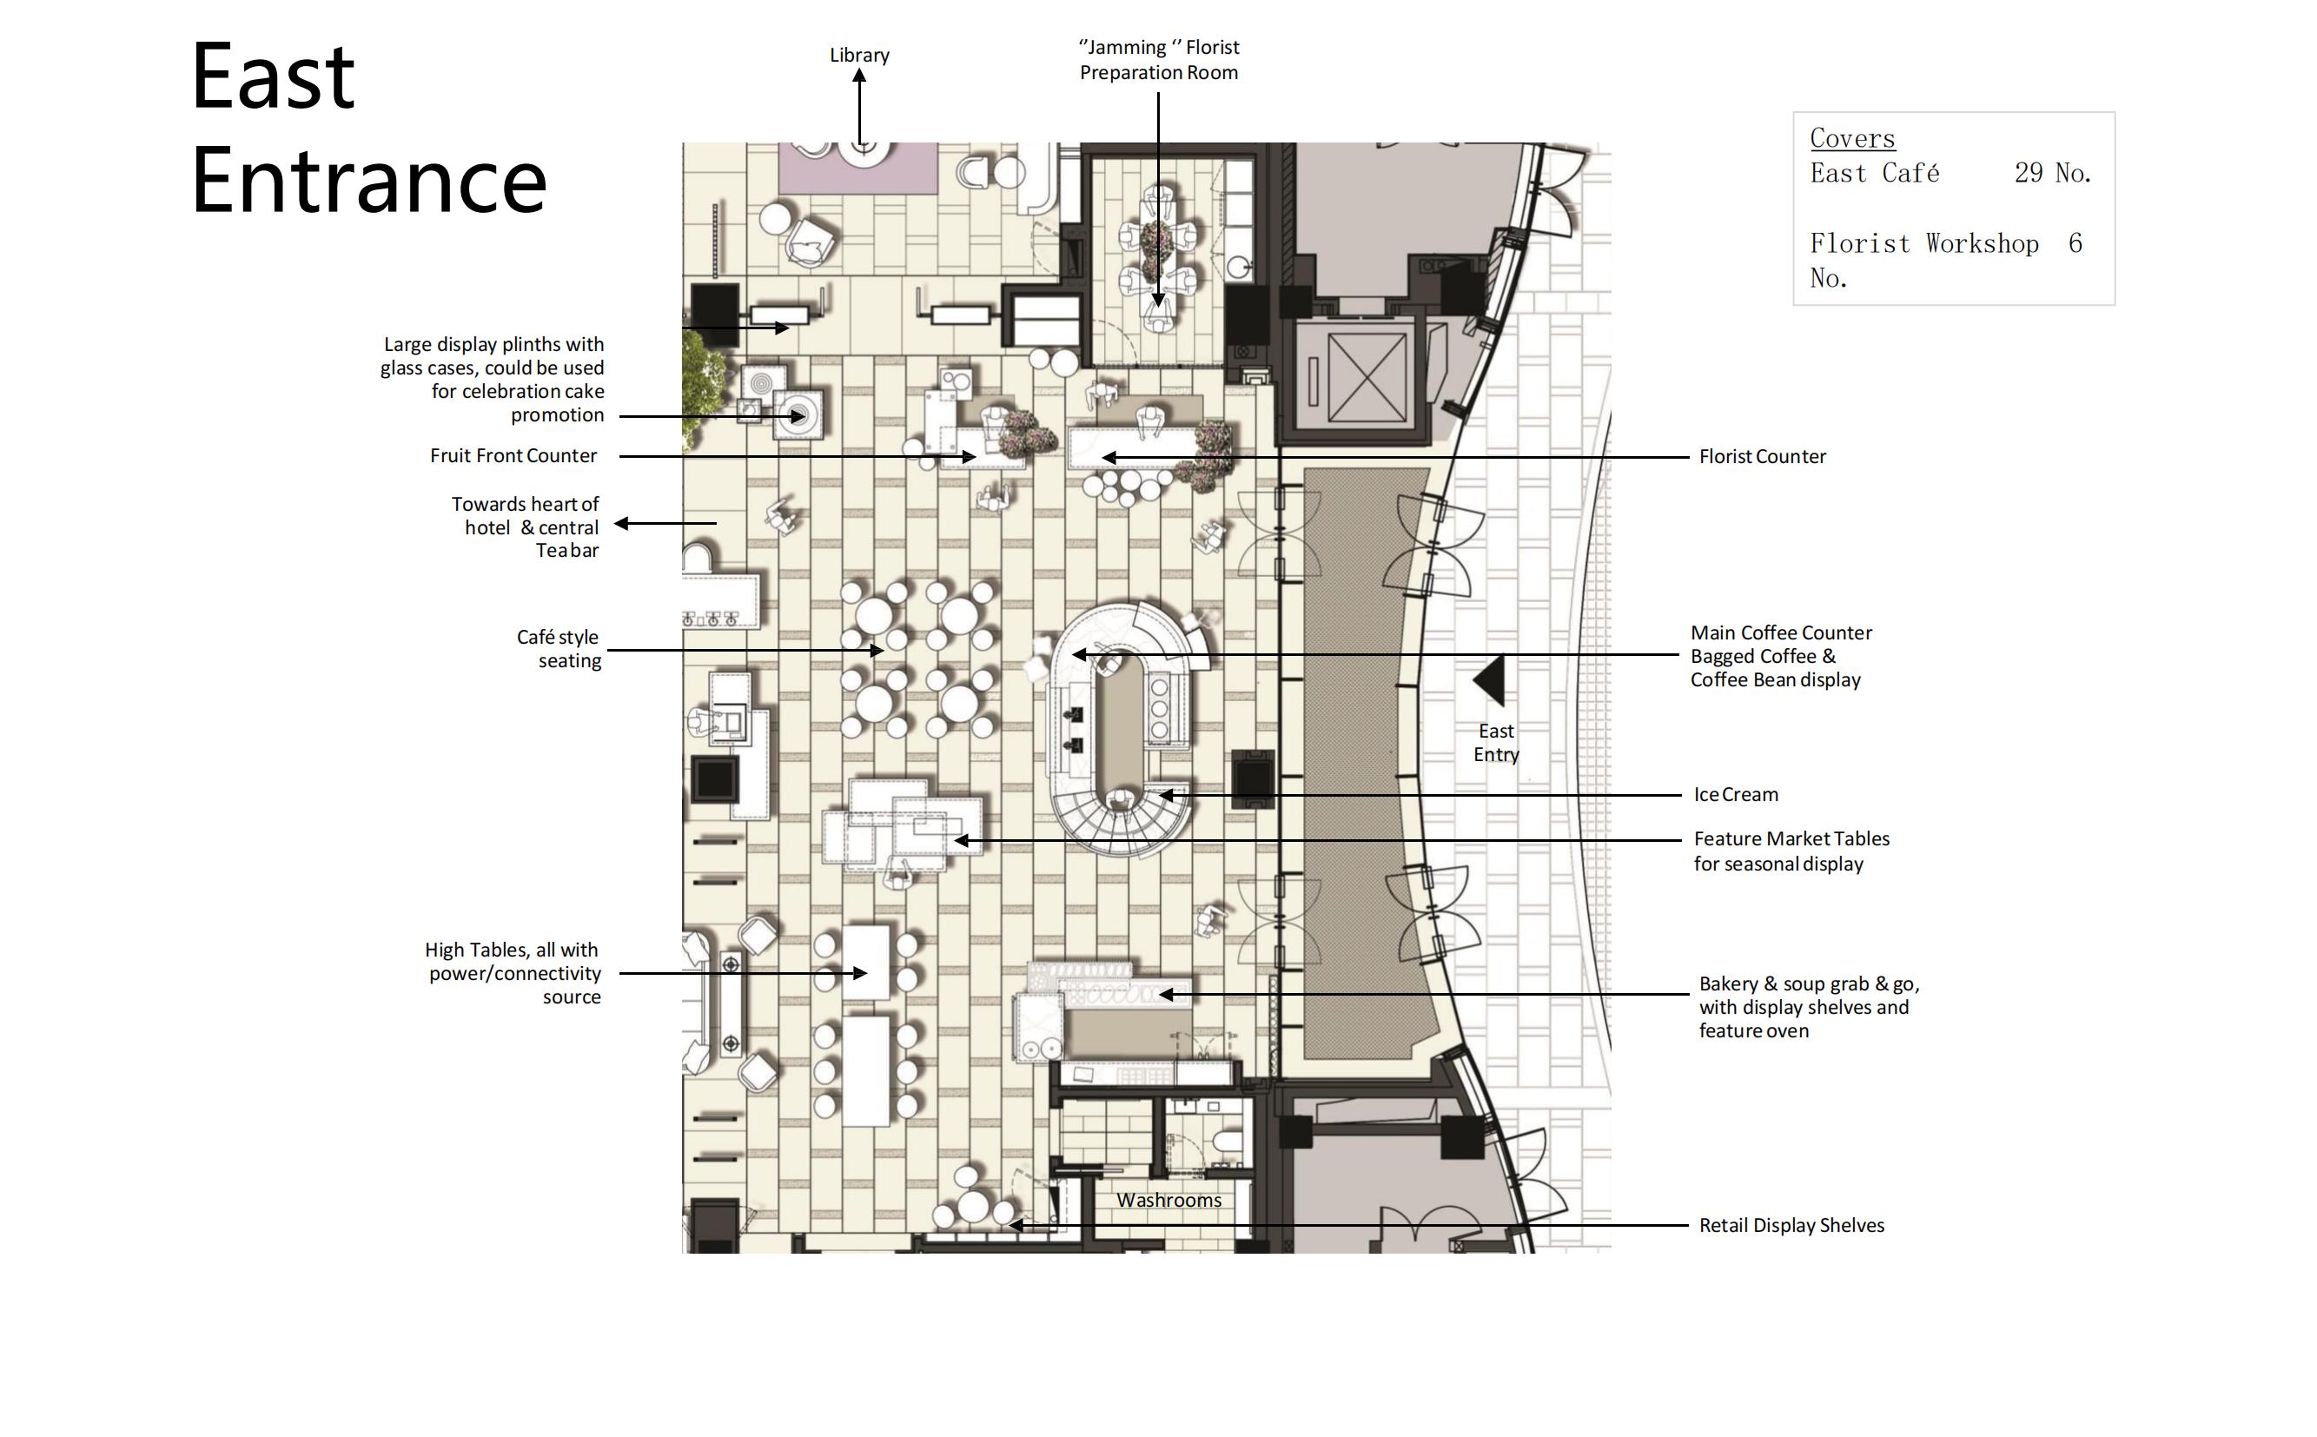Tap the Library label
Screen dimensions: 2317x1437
click(859, 55)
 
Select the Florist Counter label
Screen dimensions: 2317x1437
click(1762, 456)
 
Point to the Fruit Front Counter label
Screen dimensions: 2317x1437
click(513, 455)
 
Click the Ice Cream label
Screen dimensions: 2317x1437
click(1736, 795)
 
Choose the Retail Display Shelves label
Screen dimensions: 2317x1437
click(1791, 1225)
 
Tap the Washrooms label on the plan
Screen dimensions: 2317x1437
click(1169, 1201)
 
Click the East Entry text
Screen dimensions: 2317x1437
click(1496, 742)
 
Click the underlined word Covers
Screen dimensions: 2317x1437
click(1852, 138)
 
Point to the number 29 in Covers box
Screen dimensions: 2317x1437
click(2028, 173)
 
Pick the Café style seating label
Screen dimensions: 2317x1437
click(559, 648)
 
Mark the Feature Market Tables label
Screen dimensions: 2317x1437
click(1791, 851)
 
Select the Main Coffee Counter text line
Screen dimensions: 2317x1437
click(1780, 633)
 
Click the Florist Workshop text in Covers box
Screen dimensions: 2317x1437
click(1923, 243)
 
